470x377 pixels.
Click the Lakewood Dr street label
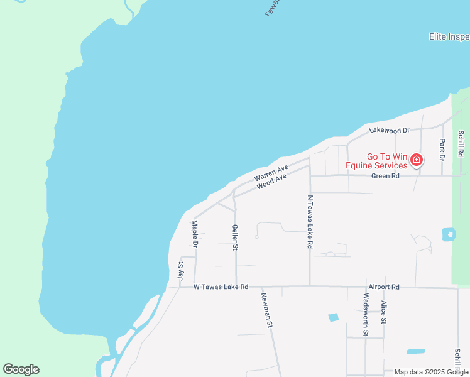[390, 130]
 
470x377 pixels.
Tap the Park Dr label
[442, 149]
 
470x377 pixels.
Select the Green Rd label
[385, 176]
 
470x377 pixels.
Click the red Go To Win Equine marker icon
[416, 161]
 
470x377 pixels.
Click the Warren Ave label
[271, 173]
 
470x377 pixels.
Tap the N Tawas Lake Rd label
[310, 222]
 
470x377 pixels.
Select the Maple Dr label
[195, 233]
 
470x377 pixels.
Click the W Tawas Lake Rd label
[221, 287]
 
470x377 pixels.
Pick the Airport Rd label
[384, 287]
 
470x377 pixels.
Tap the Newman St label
[267, 310]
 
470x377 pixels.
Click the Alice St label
[383, 312]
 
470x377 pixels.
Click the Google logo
[21, 369]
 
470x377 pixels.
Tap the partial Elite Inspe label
[449, 36]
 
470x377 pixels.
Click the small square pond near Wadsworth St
[333, 317]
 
